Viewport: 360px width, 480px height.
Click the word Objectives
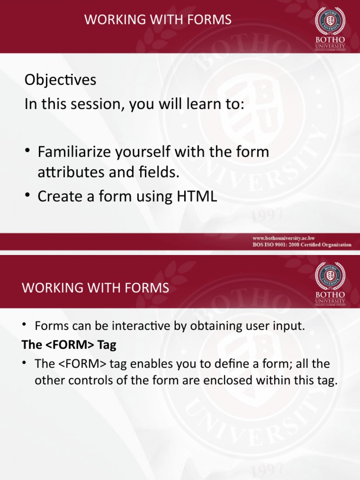pos(60,80)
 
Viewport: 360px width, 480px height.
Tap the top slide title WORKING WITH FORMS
pos(157,20)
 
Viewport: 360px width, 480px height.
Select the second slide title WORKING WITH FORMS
pos(95,287)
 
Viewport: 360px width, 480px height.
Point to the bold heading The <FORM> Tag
pos(69,345)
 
